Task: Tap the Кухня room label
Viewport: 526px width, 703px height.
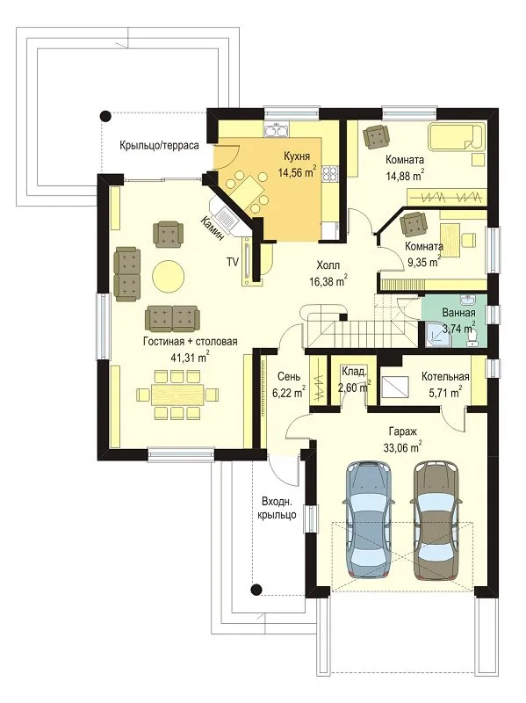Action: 296,156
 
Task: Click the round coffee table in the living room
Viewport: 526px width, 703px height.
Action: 168,276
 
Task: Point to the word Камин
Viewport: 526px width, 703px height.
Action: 212,228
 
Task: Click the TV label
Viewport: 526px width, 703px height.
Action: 232,262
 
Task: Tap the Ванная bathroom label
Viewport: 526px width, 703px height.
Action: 458,313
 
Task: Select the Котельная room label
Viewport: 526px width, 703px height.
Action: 445,377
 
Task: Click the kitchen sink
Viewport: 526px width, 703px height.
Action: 277,129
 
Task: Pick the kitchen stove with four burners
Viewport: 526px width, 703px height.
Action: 330,173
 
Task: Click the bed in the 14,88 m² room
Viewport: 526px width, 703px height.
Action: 457,136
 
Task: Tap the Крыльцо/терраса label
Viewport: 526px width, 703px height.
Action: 159,145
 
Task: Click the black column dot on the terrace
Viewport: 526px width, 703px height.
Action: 105,116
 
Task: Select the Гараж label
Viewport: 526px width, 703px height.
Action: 403,432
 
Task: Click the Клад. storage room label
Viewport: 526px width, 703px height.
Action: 354,372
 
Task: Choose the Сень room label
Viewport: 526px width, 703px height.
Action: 289,377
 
